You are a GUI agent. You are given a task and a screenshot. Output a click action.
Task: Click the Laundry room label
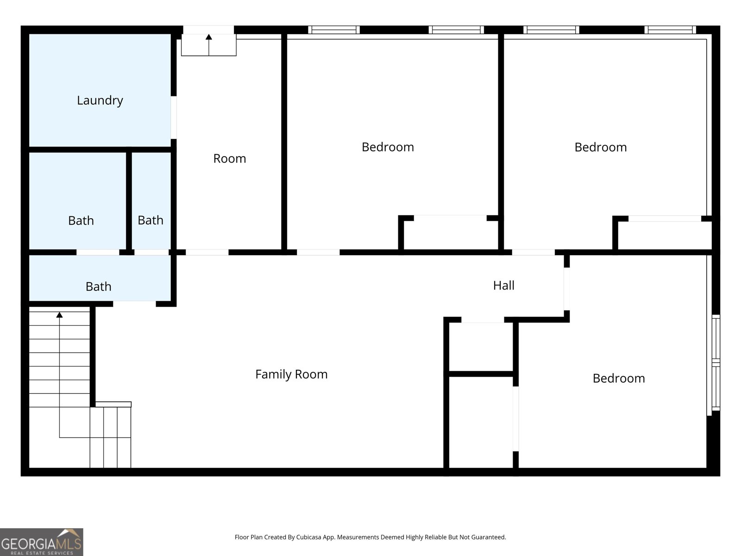click(100, 101)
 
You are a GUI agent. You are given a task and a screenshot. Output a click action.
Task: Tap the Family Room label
click(291, 374)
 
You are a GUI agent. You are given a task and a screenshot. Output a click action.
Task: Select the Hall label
click(504, 285)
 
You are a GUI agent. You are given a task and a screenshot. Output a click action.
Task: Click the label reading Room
click(230, 158)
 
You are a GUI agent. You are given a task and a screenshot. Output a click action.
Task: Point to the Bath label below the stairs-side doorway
click(98, 287)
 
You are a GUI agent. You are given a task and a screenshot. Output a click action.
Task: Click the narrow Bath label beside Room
click(151, 221)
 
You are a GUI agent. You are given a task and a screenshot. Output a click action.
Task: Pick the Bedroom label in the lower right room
click(619, 378)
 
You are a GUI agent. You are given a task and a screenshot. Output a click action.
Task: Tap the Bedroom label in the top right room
click(601, 147)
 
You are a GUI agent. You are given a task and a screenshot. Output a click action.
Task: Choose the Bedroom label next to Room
click(388, 147)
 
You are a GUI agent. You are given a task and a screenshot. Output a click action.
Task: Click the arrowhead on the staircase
click(59, 315)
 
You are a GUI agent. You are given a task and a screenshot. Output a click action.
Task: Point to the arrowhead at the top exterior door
click(209, 37)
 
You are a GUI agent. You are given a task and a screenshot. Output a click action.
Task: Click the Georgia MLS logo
click(42, 542)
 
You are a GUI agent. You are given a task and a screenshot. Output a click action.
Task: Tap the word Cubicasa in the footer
click(308, 537)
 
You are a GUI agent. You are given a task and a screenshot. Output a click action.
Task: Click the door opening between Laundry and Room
click(174, 118)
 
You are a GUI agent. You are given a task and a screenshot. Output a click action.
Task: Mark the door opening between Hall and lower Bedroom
click(567, 289)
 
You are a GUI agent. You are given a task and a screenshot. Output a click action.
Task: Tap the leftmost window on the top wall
click(334, 30)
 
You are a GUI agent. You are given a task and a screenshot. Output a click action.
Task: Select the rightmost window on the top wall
click(670, 30)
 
